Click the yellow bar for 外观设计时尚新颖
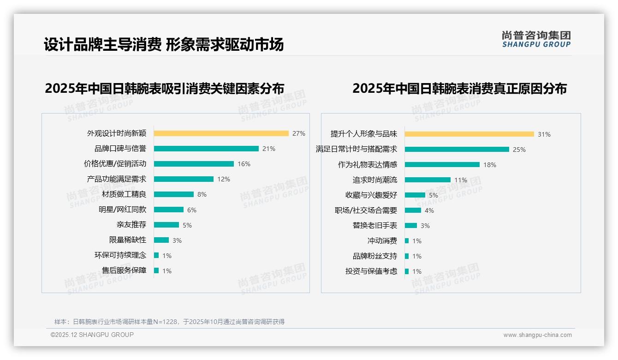221,133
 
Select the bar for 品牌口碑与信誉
206,149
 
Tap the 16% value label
244,164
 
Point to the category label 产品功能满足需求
117,179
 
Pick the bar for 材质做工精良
174,194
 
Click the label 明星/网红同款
122,210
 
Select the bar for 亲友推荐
166,225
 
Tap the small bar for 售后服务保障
156,270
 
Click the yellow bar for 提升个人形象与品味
469,134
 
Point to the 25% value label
519,150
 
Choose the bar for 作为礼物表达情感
442,165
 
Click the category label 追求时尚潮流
375,180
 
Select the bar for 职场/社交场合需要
413,210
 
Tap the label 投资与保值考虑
371,271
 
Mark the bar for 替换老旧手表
411,226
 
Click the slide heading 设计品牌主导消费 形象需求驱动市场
164,45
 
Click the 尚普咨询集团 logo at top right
536,39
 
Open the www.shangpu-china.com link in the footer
537,335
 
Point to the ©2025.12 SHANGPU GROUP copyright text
92,335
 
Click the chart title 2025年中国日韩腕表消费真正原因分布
459,88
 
